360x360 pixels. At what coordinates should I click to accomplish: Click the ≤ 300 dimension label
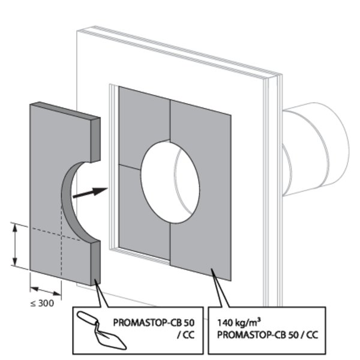point(42,303)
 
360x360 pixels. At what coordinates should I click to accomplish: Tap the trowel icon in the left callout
point(101,330)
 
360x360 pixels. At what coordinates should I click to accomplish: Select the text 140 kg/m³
point(239,322)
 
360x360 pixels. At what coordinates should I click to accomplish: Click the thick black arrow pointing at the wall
point(90,193)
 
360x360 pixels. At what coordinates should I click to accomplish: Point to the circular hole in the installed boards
point(170,182)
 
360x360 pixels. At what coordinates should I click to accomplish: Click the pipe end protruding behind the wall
point(316,149)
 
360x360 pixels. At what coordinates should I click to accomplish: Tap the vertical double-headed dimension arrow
point(15,244)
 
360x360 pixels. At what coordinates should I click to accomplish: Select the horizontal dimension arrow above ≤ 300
point(46,291)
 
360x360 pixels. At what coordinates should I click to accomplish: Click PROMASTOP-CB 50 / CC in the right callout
point(268,335)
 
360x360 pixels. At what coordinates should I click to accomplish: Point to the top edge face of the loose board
point(65,110)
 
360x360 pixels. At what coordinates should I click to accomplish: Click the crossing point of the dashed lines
point(61,235)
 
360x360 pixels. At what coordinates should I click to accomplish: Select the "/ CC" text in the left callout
point(186,335)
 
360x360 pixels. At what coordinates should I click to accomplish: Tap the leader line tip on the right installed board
point(211,268)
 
